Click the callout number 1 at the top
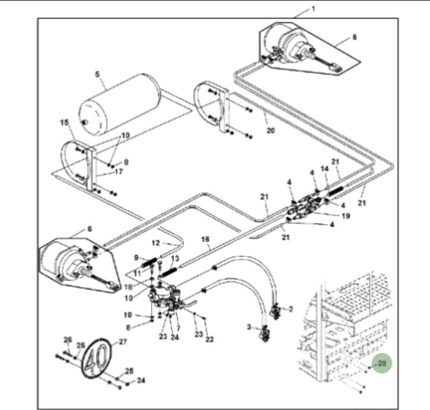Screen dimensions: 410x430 click(313, 9)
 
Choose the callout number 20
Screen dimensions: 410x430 click(270, 131)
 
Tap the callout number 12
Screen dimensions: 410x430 click(156, 243)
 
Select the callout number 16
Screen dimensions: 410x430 click(205, 239)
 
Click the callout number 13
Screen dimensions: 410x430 click(175, 259)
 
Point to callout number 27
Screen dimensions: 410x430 click(123, 342)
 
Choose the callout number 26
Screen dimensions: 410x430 click(68, 340)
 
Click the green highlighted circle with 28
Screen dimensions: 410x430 click(382, 363)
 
